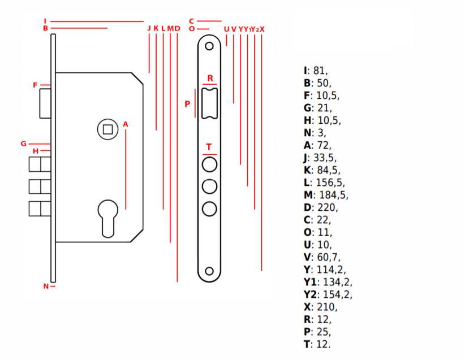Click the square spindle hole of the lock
click(x=107, y=129)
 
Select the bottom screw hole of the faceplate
click(x=209, y=271)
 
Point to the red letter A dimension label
click(x=126, y=124)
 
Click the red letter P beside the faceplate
click(x=187, y=104)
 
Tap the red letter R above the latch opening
click(x=210, y=78)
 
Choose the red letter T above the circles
click(x=209, y=147)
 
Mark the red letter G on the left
click(x=23, y=144)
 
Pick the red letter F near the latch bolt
click(x=35, y=85)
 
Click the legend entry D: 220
click(x=321, y=207)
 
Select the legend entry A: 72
click(x=317, y=145)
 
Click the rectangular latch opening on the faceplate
click(x=210, y=103)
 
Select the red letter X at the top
click(x=262, y=29)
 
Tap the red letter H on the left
click(x=35, y=151)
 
